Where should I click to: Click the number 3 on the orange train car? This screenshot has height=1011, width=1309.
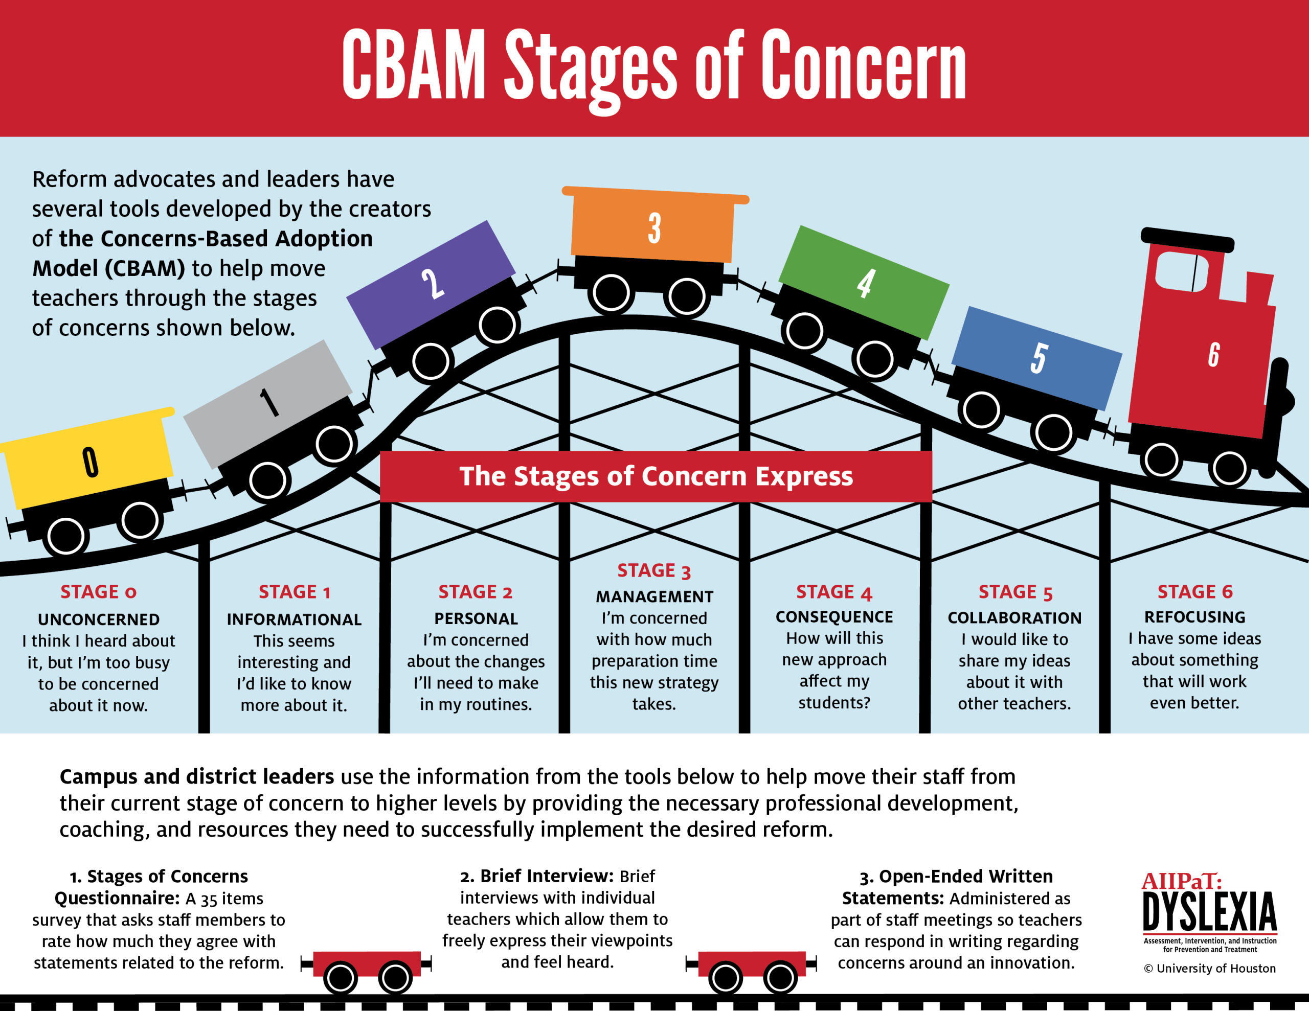(x=654, y=228)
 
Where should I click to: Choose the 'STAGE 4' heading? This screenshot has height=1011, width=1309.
(x=833, y=592)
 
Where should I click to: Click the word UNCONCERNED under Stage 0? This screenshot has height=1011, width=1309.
(x=99, y=619)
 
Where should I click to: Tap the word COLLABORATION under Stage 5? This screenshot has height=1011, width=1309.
(x=1014, y=618)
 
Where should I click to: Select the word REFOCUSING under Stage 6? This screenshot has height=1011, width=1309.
(x=1194, y=617)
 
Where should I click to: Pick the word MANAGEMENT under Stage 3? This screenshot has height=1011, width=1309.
(x=654, y=596)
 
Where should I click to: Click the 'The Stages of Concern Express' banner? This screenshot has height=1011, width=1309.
(x=656, y=476)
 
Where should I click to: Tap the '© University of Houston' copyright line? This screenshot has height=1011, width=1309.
(x=1209, y=969)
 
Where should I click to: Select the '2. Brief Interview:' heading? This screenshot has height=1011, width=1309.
(x=536, y=876)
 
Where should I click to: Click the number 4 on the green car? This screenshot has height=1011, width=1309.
(x=866, y=284)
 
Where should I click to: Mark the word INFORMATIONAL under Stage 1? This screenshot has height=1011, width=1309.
(x=294, y=619)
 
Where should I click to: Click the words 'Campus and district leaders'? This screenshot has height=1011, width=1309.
(x=196, y=777)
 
